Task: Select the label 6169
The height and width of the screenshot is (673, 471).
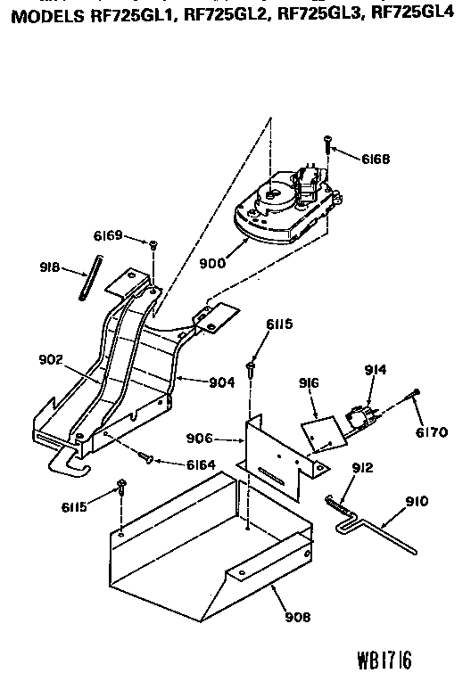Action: (x=107, y=236)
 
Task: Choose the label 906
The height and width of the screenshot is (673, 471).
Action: (x=199, y=438)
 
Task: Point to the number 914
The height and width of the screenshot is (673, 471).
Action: (x=376, y=368)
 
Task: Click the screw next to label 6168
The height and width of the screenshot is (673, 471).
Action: (x=329, y=144)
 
